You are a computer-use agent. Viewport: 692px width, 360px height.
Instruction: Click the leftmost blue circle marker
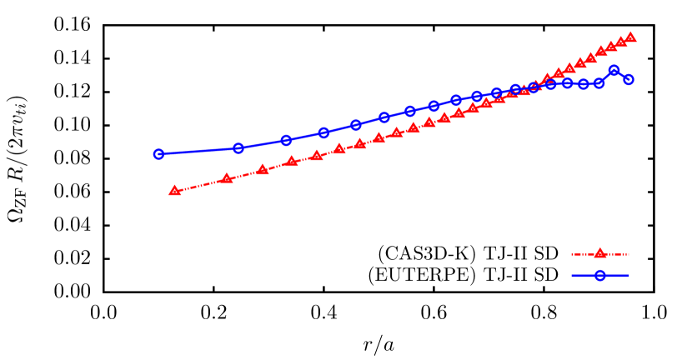coord(158,154)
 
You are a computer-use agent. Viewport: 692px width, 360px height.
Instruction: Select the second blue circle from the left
coord(238,148)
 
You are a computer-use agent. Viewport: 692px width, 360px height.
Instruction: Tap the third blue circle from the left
coord(286,140)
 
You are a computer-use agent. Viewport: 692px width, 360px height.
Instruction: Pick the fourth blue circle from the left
coord(324,132)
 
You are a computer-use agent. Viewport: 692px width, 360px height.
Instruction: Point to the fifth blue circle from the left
coord(356,125)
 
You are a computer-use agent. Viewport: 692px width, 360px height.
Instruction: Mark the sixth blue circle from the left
coord(384,117)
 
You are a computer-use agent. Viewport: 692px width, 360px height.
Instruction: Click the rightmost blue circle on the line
coord(629,80)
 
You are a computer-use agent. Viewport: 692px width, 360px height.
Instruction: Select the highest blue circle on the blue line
coord(614,71)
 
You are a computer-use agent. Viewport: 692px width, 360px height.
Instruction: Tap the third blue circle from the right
coord(599,83)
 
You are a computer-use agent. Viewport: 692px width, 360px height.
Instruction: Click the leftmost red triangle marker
coord(174,191)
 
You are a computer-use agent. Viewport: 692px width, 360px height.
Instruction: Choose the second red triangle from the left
coord(227,178)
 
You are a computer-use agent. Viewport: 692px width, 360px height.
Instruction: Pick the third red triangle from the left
coord(263,169)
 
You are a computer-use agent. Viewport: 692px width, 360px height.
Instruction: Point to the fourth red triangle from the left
coord(292,162)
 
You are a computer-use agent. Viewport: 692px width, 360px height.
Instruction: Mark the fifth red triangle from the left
coord(317,156)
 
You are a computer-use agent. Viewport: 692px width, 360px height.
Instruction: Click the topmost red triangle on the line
coord(631,37)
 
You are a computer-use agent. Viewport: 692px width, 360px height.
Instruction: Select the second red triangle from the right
coord(621,42)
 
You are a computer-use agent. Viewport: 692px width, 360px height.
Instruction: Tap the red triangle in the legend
coord(599,253)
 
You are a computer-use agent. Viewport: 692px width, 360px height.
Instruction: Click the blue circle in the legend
coord(600,276)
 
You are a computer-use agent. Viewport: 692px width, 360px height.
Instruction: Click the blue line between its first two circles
coord(198,152)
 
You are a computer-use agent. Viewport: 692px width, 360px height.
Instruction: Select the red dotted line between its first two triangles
coord(200,185)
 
